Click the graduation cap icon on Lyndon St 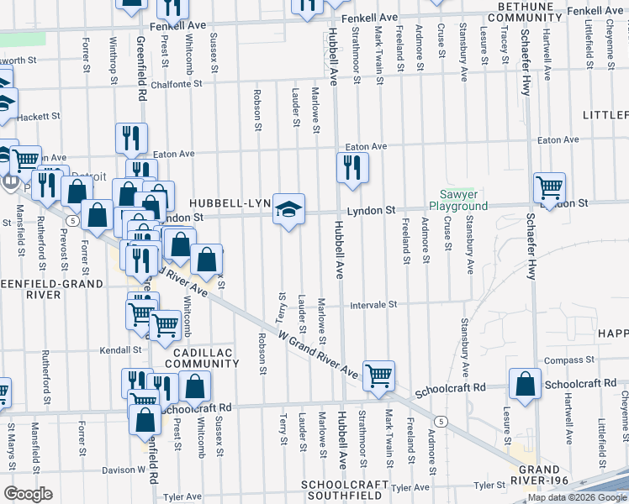[288, 210]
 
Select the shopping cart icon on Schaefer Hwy [549, 188]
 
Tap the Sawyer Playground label [458, 200]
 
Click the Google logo [28, 493]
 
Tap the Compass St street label [563, 360]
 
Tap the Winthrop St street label [112, 59]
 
